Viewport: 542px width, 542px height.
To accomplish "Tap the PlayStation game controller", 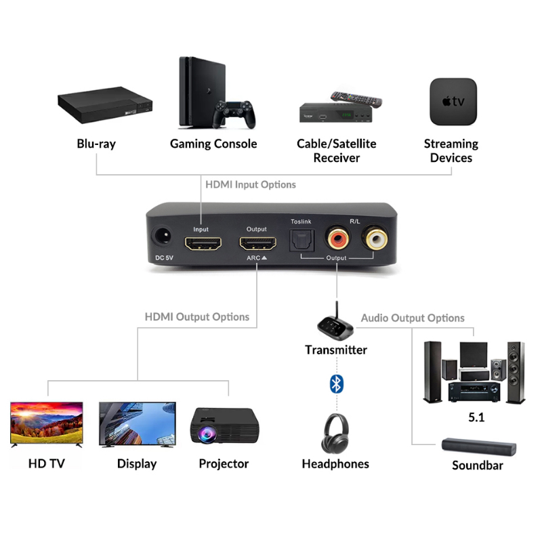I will tap(234, 113).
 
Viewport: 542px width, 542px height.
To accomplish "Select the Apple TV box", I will tap(453, 102).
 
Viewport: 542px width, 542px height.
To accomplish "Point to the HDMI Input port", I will tap(201, 245).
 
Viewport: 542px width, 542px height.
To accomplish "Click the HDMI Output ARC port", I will tap(257, 245).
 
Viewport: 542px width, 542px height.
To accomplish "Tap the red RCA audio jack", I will tap(337, 238).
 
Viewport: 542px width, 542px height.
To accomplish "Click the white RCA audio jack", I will tap(374, 238).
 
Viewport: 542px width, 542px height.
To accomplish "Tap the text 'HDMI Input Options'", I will tap(250, 184).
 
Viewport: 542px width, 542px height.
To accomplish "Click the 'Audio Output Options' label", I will tap(413, 318).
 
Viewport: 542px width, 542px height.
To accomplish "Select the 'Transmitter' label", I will tap(336, 350).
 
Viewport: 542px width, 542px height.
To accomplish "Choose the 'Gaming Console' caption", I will tap(213, 144).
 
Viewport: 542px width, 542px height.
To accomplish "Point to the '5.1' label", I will tap(476, 417).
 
